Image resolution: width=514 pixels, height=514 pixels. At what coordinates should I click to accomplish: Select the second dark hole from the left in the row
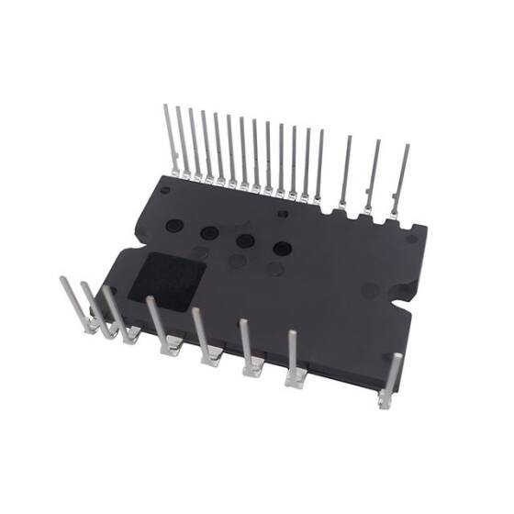click(x=209, y=232)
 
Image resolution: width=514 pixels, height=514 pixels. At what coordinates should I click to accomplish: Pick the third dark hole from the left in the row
click(x=245, y=240)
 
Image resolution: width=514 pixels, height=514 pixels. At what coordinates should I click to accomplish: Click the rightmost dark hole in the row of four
click(x=282, y=249)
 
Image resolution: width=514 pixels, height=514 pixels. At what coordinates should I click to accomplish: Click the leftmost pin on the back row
click(x=171, y=138)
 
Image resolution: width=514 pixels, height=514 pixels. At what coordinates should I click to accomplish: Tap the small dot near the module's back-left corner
click(x=164, y=190)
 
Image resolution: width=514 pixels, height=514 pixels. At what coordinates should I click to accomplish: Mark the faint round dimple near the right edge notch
click(x=370, y=290)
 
